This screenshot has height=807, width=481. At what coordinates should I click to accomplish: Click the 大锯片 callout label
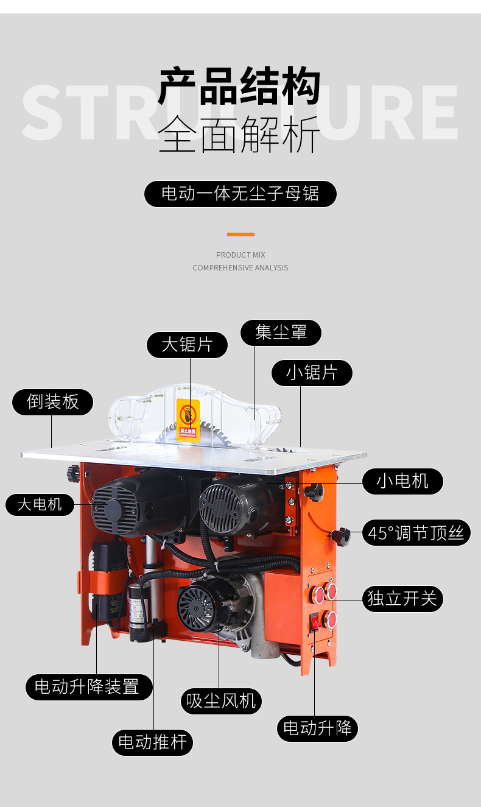point(187,345)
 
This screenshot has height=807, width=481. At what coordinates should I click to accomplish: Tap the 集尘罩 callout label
point(281,333)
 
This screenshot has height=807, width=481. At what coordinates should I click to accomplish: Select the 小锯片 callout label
point(312,373)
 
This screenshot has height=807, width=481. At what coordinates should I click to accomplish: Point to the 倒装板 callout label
point(53,402)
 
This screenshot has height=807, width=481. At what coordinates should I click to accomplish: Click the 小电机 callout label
point(402,481)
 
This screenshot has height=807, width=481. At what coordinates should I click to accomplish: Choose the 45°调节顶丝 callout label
point(416,534)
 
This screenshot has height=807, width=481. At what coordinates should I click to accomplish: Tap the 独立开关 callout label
point(402,599)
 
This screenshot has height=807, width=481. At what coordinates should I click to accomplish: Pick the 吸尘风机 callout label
point(221,701)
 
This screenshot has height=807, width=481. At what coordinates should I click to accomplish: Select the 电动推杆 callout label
point(152,742)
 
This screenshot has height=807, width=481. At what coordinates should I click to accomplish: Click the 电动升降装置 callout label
point(88,687)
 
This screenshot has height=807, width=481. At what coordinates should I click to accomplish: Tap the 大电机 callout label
point(40,505)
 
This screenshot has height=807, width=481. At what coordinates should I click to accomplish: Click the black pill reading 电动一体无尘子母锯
point(240,194)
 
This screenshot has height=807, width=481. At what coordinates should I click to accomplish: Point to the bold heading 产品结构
point(239,87)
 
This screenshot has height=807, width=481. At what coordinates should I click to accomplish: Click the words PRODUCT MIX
point(240,255)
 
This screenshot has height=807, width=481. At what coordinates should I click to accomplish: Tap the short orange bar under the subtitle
point(240,234)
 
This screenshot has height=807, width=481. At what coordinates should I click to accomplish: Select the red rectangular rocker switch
point(315,622)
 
